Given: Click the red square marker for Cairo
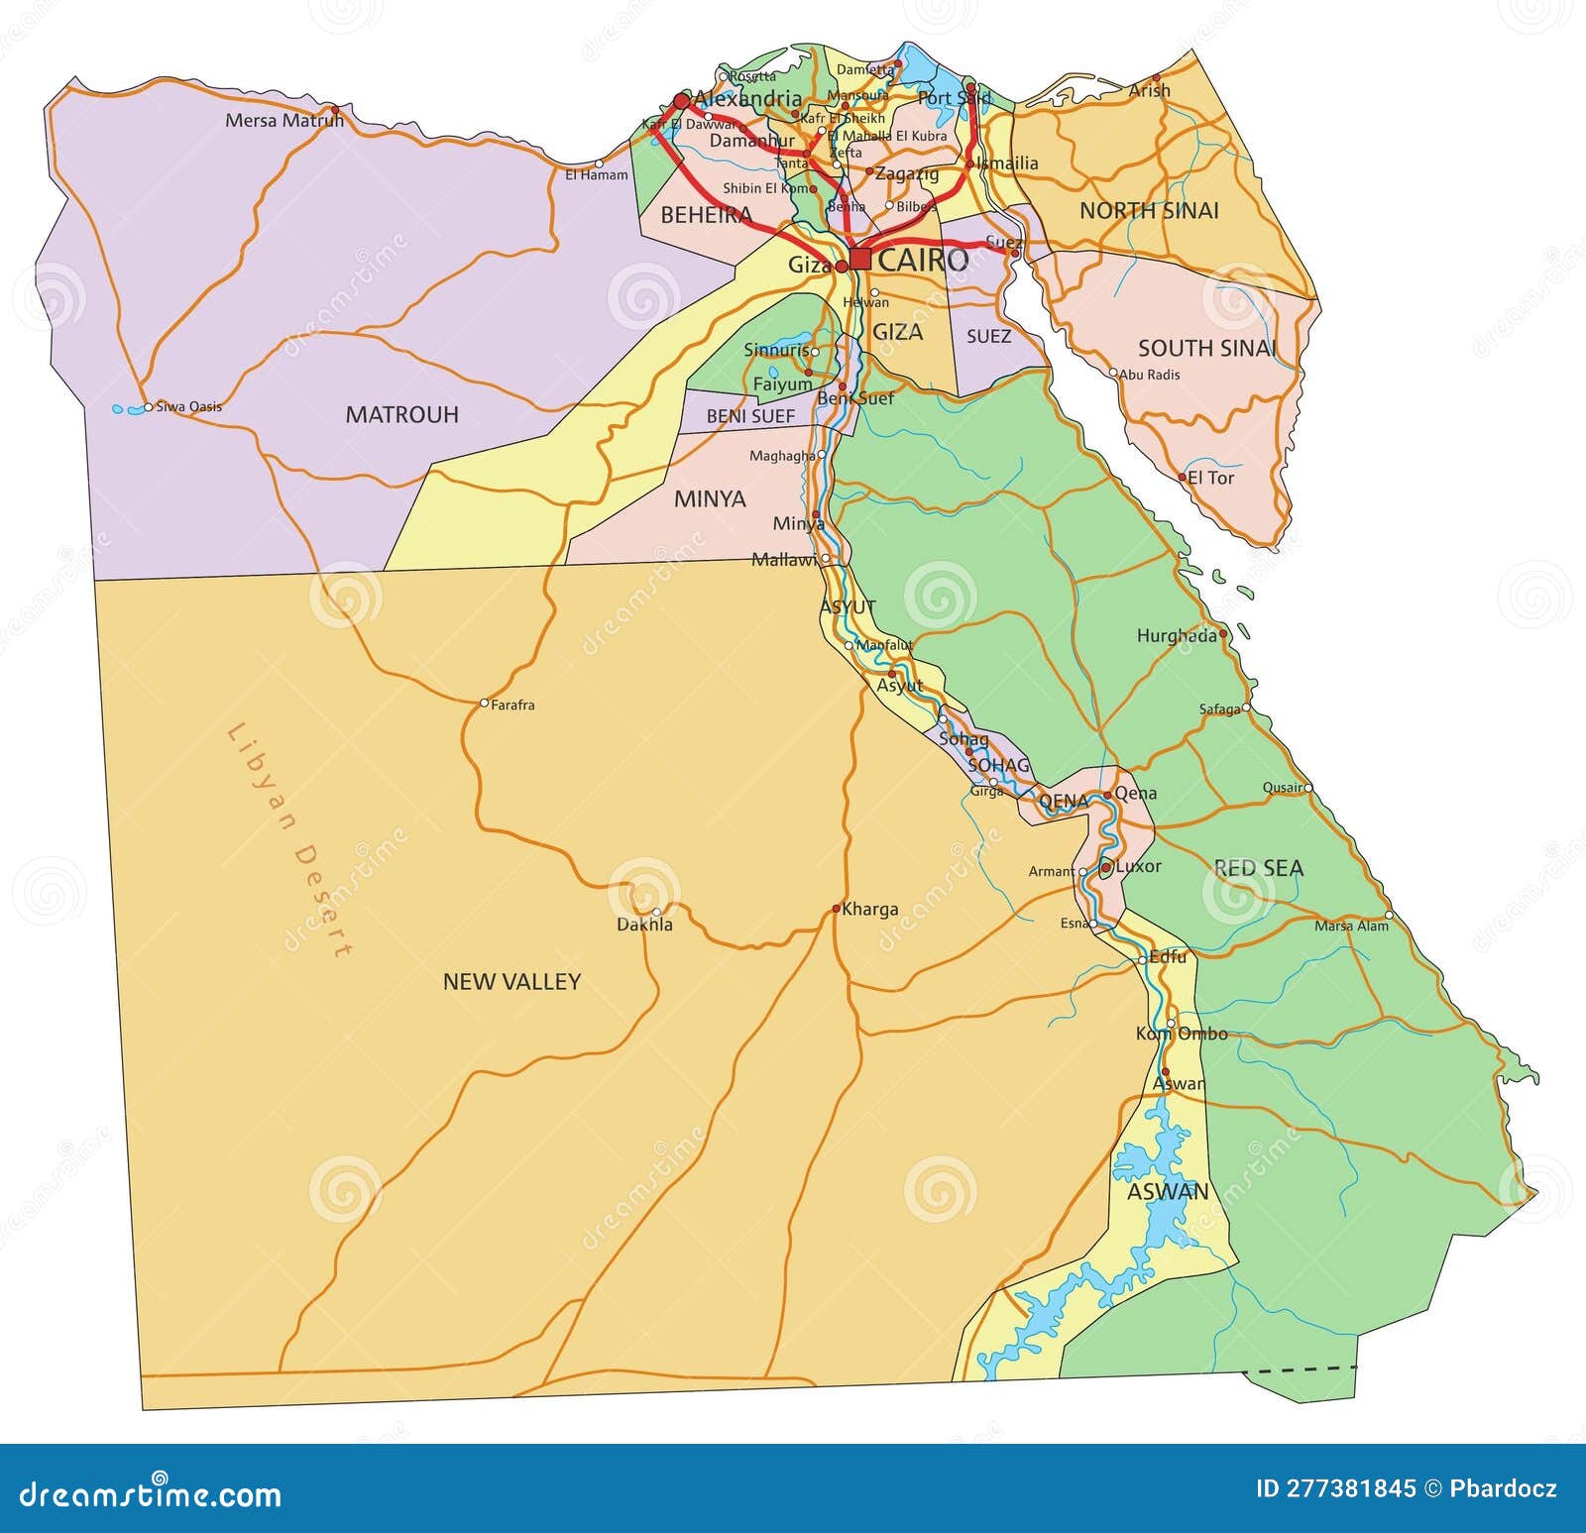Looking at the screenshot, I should [859, 260].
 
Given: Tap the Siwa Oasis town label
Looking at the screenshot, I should [189, 406].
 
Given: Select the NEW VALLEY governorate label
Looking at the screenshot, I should [511, 981].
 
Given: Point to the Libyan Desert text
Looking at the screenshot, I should [288, 841].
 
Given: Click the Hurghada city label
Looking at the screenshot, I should [1176, 636].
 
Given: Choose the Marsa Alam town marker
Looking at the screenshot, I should [1389, 915].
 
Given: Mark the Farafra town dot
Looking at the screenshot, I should [484, 703].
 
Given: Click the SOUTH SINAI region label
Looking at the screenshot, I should [1206, 348].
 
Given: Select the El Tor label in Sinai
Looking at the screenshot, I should [1210, 478].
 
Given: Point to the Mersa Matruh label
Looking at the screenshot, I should [284, 121].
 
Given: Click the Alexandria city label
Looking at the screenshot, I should [747, 98].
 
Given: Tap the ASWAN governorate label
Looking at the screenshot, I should [1168, 1191].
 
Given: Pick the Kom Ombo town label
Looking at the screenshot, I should [1182, 1034].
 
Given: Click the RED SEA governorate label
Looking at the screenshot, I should [1258, 868].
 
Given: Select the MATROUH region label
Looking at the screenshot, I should [401, 414].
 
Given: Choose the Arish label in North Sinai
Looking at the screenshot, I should [1150, 90].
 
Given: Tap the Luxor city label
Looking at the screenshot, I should [1138, 866].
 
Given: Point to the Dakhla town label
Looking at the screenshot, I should [644, 925].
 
